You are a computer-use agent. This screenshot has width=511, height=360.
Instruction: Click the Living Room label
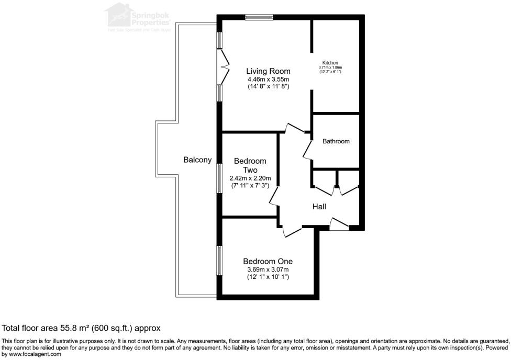[x=269, y=71]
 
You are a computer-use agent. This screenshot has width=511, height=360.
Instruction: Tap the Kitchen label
[x=330, y=63]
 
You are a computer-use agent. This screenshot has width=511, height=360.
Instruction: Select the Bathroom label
[x=336, y=141]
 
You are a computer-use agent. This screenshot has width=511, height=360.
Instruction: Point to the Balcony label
[x=197, y=160]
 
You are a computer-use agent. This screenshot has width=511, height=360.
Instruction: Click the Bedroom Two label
[x=250, y=165]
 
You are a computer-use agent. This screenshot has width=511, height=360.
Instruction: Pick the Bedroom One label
[x=268, y=261]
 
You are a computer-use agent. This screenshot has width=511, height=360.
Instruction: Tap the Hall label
[x=319, y=207]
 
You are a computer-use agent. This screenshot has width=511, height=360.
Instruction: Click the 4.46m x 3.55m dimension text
[x=269, y=80]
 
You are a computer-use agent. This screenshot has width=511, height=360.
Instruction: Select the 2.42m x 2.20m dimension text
[x=250, y=178]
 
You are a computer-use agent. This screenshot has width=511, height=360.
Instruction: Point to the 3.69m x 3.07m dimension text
[x=268, y=269]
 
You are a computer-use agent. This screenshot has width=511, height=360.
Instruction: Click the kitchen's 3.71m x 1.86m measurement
[x=330, y=67]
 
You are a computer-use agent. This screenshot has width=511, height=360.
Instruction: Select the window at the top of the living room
[x=259, y=18]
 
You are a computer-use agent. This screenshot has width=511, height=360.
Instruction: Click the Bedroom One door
[x=291, y=231]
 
